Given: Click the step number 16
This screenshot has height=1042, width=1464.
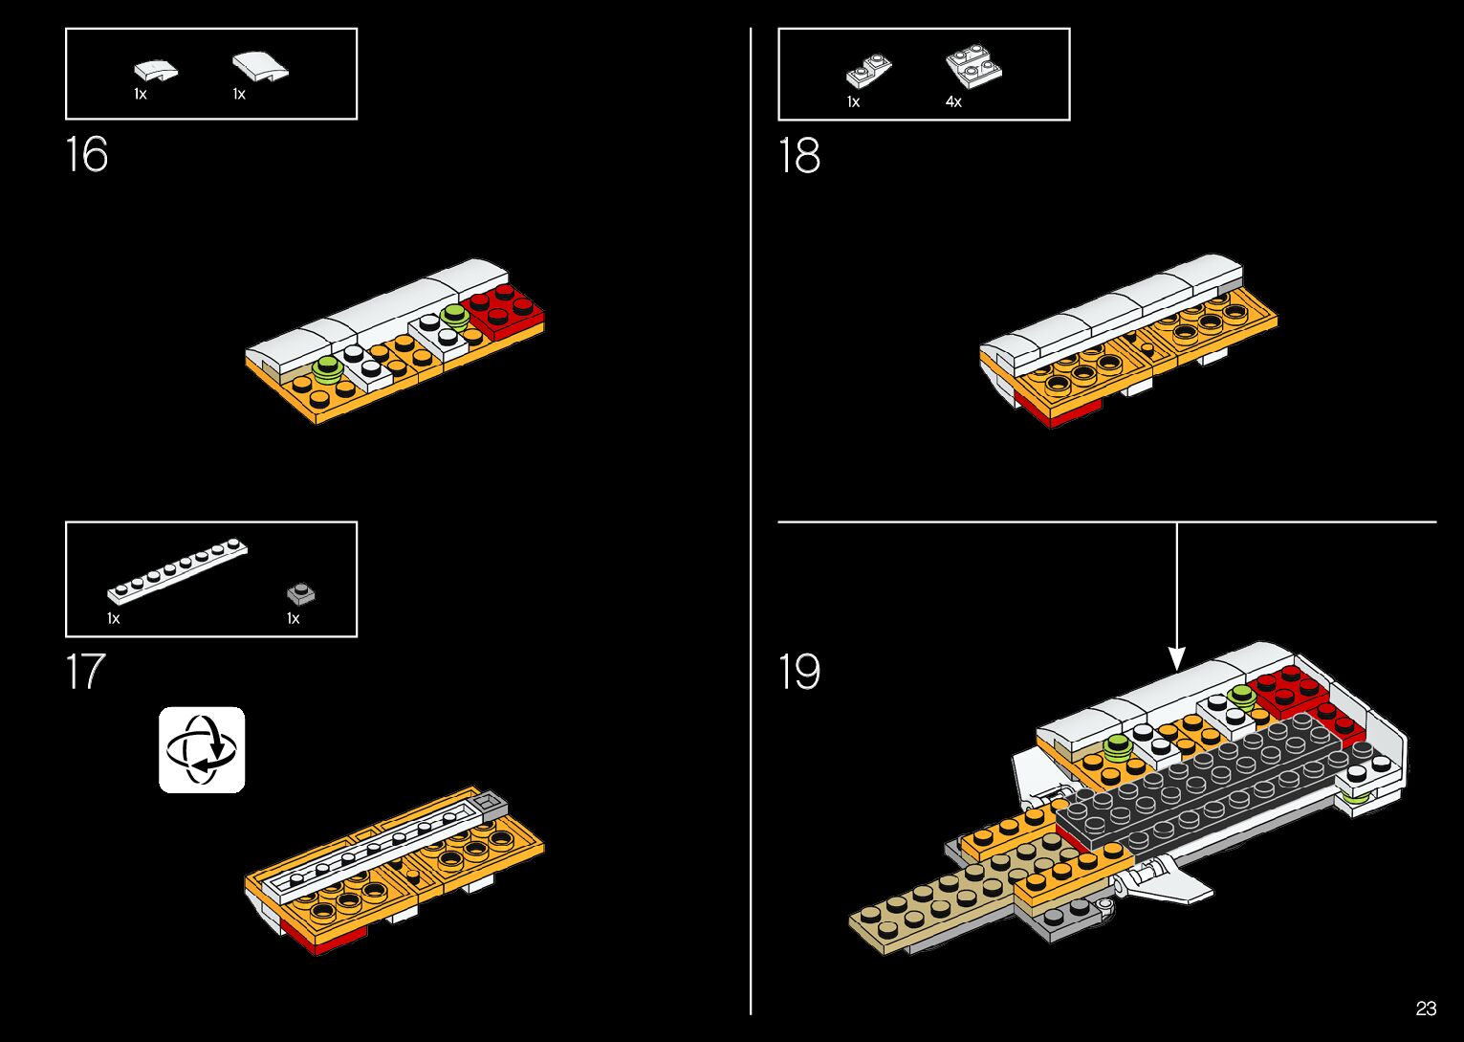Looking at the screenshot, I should coord(87,155).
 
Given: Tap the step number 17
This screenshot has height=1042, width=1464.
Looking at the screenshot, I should coord(85,672).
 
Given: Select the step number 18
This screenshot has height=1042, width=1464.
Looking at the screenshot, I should coord(799,156).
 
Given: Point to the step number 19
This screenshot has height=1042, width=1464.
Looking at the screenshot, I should coord(799,672).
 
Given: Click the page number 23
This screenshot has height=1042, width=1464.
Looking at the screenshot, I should coord(1426,1009).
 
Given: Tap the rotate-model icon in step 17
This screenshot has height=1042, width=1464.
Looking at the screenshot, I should coord(202,750).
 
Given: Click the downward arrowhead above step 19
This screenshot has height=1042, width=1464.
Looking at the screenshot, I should coord(1177,658).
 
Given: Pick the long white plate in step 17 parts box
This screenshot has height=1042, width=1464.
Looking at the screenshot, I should coord(178,571).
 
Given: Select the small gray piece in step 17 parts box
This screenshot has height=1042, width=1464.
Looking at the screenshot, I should coord(301,594).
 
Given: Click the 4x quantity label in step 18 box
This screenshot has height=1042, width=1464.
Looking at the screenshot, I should coord(953,101).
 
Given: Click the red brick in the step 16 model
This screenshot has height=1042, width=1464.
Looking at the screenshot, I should coord(503,310).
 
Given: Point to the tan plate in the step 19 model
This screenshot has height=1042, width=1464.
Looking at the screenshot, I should coord(918,914).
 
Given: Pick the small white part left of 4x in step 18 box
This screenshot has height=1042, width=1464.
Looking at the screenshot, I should coord(868,71).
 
